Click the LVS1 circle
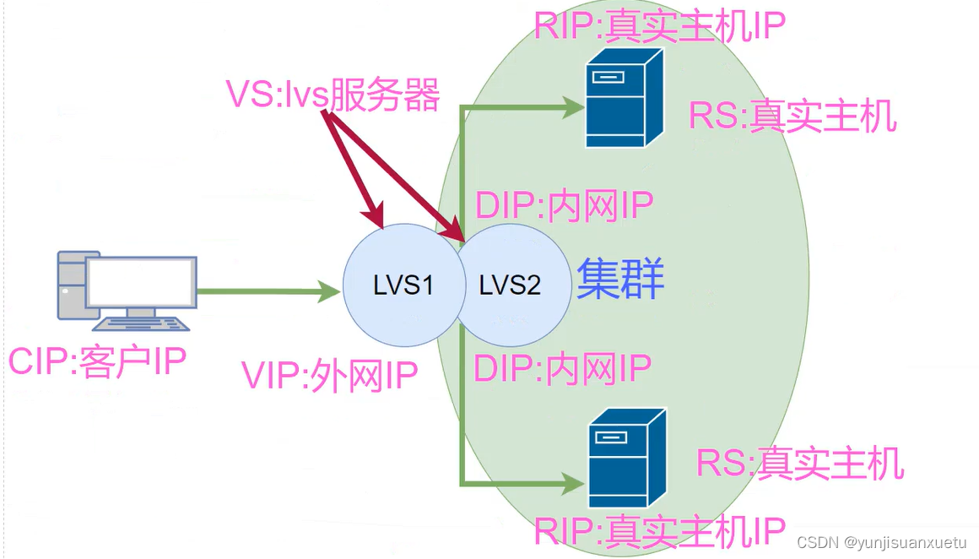(403, 285)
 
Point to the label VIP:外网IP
(330, 377)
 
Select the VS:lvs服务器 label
(333, 95)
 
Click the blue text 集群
(620, 279)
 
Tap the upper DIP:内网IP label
(565, 205)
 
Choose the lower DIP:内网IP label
(563, 369)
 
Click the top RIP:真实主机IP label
(659, 24)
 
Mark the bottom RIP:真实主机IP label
(660, 531)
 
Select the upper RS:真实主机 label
(792, 116)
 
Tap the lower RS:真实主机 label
(799, 463)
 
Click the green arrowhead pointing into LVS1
(330, 293)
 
